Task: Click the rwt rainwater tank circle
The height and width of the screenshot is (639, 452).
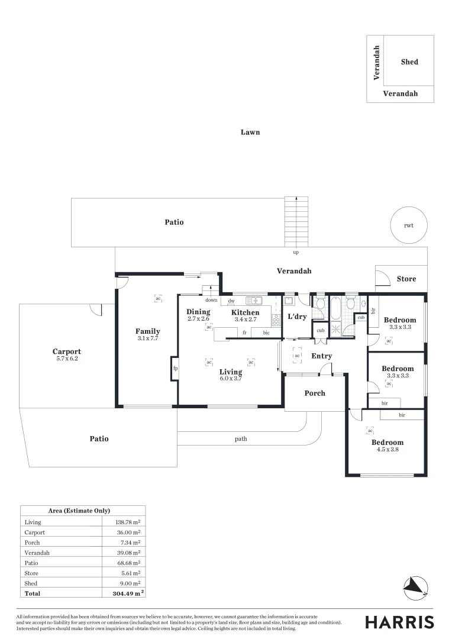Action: pos(390,225)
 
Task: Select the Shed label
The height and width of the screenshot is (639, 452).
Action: pos(409,62)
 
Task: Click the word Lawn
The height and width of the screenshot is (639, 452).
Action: pos(250,132)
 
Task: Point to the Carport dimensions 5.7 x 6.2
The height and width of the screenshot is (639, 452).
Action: pos(67,359)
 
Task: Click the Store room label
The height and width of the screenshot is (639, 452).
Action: pos(406,279)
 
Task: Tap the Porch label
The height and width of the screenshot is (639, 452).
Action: pos(315,393)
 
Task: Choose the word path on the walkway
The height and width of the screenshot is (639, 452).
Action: pos(241,439)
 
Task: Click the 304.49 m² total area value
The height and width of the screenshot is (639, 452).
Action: pos(128,593)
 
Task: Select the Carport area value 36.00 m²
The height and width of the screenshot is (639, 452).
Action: pos(128,532)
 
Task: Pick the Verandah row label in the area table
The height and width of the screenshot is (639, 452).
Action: pos(37,553)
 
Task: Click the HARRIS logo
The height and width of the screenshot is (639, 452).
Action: pos(399,622)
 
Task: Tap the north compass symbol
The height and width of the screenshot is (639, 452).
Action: pos(415,588)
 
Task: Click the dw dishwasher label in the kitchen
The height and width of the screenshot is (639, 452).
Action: pos(231,301)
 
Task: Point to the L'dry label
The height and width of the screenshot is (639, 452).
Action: pos(297,317)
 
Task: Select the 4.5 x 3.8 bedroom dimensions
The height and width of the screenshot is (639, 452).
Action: pos(388,450)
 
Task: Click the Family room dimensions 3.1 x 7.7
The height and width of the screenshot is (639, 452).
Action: pos(147,338)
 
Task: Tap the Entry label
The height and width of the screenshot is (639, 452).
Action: pos(322,356)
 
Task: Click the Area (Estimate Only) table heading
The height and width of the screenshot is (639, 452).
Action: pos(79,511)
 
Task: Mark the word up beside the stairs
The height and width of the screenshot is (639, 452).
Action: pos(296,253)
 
